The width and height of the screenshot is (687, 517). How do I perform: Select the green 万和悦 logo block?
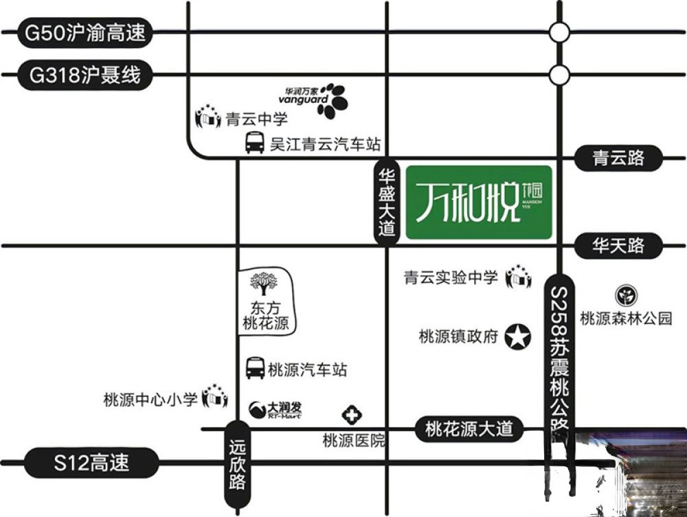coord(479,203)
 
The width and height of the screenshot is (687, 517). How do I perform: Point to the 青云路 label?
coord(619,158)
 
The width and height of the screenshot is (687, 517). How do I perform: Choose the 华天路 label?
coord(619,245)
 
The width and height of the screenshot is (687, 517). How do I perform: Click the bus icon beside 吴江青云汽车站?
coord(255,143)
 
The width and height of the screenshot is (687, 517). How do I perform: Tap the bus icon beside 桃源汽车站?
coord(256,368)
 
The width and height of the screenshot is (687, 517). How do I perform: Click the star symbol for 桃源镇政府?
coord(518,336)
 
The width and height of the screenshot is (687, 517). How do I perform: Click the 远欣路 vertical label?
coord(237,464)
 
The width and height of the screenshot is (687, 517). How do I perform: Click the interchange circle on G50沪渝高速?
coord(560,32)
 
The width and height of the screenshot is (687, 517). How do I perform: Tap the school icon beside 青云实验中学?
coord(519,277)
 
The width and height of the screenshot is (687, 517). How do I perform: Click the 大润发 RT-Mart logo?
coord(275,410)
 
